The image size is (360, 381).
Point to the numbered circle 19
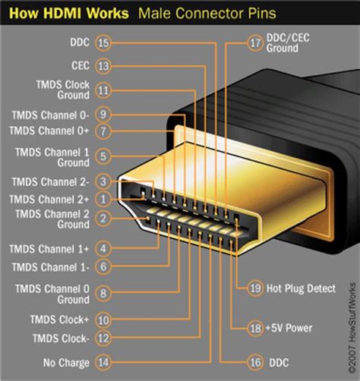point(255,288)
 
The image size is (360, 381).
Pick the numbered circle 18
point(255,327)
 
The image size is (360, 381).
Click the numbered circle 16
point(255,362)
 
